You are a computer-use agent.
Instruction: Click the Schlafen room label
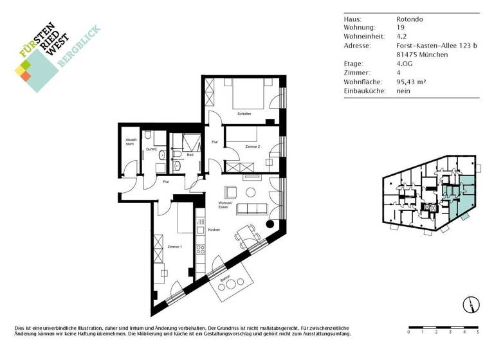click(x=244, y=114)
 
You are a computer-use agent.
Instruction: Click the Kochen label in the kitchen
click(x=215, y=230)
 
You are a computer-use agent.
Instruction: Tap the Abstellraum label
click(x=129, y=141)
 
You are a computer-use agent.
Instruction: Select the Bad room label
click(x=190, y=155)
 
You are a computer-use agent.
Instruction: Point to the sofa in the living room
click(x=252, y=209)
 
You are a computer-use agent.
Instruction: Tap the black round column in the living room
click(x=270, y=224)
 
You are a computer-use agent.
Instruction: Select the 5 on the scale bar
click(x=477, y=332)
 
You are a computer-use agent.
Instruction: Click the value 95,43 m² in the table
click(x=412, y=82)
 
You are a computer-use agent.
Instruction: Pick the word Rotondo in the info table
click(x=410, y=19)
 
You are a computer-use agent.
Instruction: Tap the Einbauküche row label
click(x=365, y=91)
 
